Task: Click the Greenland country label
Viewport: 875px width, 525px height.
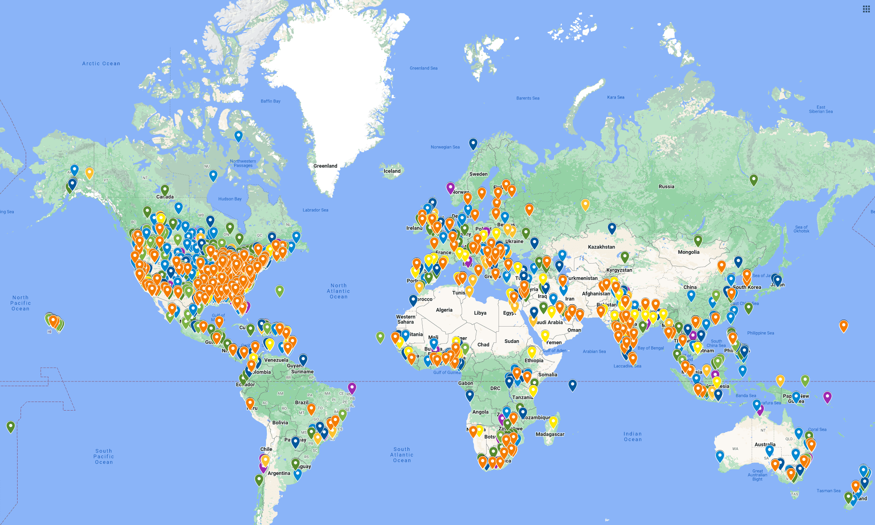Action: (325, 166)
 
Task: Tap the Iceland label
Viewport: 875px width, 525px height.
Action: (392, 171)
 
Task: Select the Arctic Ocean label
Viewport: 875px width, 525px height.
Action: (101, 63)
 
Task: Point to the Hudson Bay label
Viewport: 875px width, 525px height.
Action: (230, 199)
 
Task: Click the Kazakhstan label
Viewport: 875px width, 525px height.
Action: (601, 247)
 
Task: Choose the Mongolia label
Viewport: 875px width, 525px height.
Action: (688, 252)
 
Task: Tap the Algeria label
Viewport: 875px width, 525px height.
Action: (444, 310)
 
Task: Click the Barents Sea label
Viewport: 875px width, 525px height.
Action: (528, 98)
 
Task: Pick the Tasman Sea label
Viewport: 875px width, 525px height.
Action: (828, 491)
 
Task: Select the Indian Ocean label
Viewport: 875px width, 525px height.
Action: (633, 436)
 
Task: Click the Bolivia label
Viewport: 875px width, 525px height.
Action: (280, 423)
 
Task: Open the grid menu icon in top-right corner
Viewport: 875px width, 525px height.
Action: (866, 9)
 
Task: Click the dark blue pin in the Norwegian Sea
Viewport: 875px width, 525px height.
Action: (473, 144)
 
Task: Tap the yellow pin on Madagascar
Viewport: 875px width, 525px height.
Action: (553, 422)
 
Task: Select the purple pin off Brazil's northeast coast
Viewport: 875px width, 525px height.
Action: (352, 388)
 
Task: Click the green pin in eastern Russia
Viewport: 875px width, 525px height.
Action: (754, 180)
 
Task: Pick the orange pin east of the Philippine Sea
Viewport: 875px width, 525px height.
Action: (843, 326)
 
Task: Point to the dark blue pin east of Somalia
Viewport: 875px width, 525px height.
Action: (573, 385)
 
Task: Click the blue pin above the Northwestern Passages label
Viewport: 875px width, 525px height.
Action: (239, 136)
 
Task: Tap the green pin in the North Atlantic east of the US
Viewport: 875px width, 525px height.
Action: (280, 291)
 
